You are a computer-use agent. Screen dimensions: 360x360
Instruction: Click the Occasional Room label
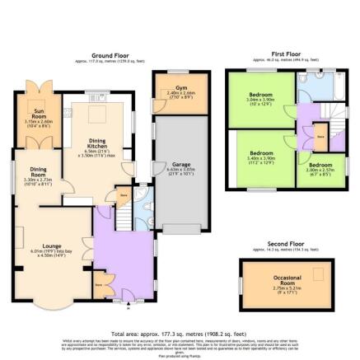click(288, 283)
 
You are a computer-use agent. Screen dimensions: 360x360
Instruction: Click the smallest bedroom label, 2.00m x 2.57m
click(321, 169)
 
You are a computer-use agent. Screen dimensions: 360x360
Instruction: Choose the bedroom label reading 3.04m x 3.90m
click(262, 99)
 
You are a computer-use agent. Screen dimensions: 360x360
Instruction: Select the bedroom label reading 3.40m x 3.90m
click(262, 157)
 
